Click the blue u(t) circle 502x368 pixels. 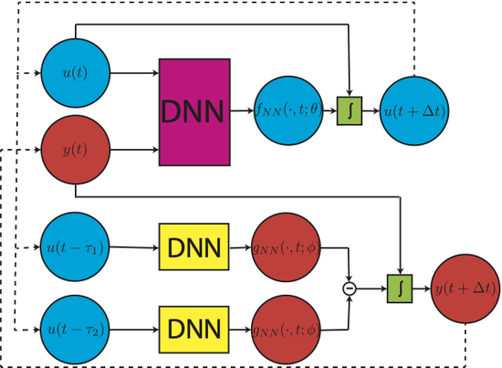coord(76,73)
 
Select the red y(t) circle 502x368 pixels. coord(76,150)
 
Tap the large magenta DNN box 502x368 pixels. coord(194,112)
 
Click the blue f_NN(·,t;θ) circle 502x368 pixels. coord(288,110)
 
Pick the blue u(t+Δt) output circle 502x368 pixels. coord(414,110)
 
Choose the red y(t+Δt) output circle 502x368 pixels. coord(465,289)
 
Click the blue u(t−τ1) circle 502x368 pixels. coord(75,247)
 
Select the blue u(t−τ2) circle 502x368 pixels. coord(75,330)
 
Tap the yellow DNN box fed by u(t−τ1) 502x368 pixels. coord(194,247)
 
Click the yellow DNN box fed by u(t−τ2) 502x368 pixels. coord(194,330)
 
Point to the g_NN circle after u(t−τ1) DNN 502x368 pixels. coord(286,247)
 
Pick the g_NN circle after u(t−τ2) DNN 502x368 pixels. coord(286,330)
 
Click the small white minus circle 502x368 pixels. coord(350,289)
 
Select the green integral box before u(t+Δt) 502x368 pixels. coord(350,110)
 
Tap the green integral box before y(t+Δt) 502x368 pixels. coord(400,289)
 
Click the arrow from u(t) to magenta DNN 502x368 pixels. coord(134,73)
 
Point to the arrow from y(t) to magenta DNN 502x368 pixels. coord(134,150)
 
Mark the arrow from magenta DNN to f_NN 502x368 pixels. coord(242,110)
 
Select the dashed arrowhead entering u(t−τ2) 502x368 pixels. coord(37,330)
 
